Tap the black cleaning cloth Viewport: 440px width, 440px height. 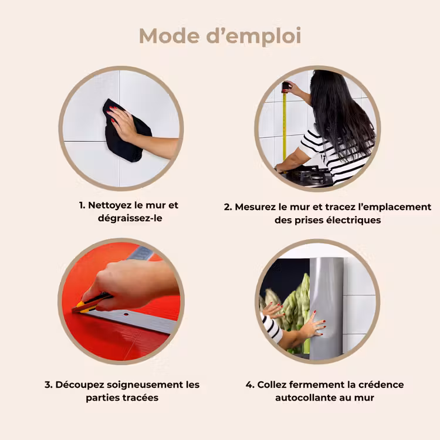point(126,131)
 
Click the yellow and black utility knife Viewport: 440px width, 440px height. point(91,303)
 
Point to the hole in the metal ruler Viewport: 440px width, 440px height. point(126,314)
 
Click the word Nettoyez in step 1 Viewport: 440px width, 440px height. point(110,205)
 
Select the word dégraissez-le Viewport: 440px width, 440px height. point(130,218)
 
